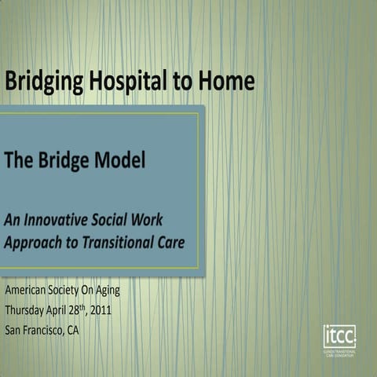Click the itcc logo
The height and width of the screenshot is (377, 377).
tap(339, 337)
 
